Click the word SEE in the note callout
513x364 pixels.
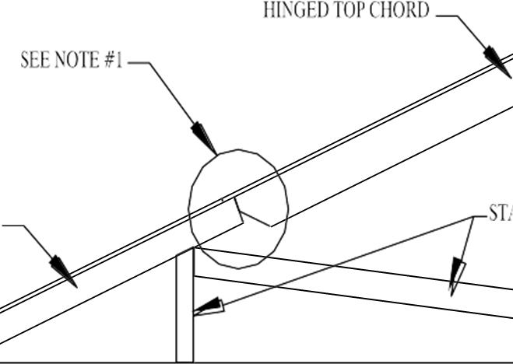coord(35,61)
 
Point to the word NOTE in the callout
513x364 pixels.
coord(76,61)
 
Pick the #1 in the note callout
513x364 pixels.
coord(113,61)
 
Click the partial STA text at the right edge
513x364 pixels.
coord(500,212)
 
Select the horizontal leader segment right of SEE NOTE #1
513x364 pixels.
coord(138,62)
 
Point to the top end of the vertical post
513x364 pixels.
coord(185,250)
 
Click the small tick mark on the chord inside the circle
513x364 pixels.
coord(222,200)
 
